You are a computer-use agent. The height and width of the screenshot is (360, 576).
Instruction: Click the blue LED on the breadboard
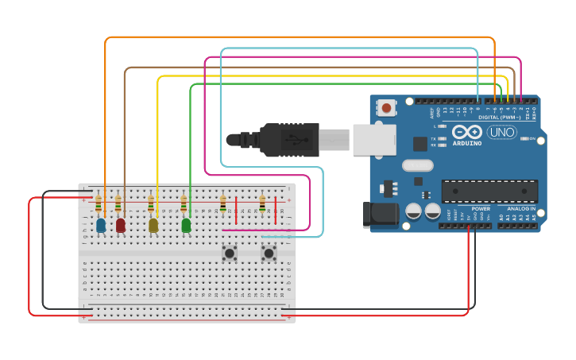tap(101, 226)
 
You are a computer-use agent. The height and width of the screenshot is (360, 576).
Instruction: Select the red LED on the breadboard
tap(121, 226)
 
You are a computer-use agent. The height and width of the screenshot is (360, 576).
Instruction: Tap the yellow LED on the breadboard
tap(153, 226)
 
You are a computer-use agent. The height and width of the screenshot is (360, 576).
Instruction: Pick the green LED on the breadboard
tap(186, 226)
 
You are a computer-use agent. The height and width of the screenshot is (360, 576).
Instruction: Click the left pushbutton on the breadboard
tap(230, 254)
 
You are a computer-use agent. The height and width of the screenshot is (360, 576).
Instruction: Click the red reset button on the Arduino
tap(387, 107)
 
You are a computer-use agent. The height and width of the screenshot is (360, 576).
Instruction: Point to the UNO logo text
tap(501, 132)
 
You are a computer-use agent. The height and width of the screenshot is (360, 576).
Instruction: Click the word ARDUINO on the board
tap(466, 143)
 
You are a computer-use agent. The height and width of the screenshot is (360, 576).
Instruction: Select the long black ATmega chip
tap(489, 191)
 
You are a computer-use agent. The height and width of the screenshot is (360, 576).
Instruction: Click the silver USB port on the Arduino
tap(374, 138)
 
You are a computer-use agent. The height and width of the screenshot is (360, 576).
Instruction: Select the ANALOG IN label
tap(521, 208)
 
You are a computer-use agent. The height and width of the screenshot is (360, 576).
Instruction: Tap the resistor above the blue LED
tap(99, 206)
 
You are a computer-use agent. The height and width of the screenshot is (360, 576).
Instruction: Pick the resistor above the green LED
tap(184, 205)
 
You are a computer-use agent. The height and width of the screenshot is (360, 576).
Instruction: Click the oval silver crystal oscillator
tap(418, 165)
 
